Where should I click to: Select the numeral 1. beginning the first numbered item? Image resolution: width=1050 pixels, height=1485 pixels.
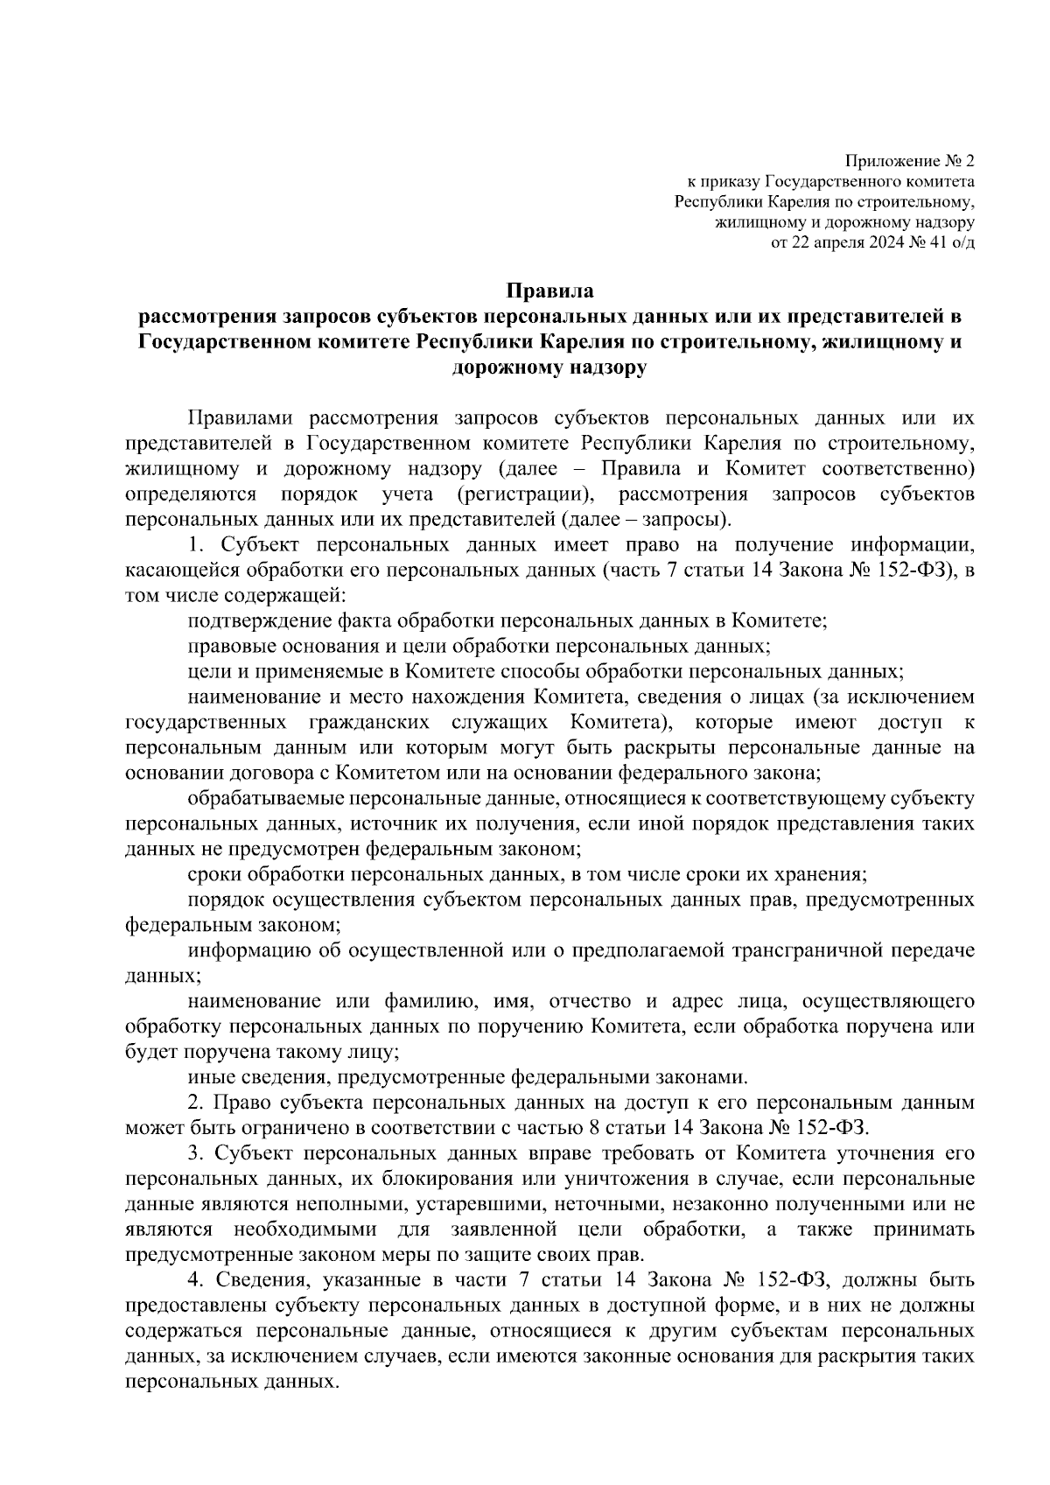point(196,546)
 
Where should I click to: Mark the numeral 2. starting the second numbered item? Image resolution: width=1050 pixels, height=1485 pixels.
point(196,1103)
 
